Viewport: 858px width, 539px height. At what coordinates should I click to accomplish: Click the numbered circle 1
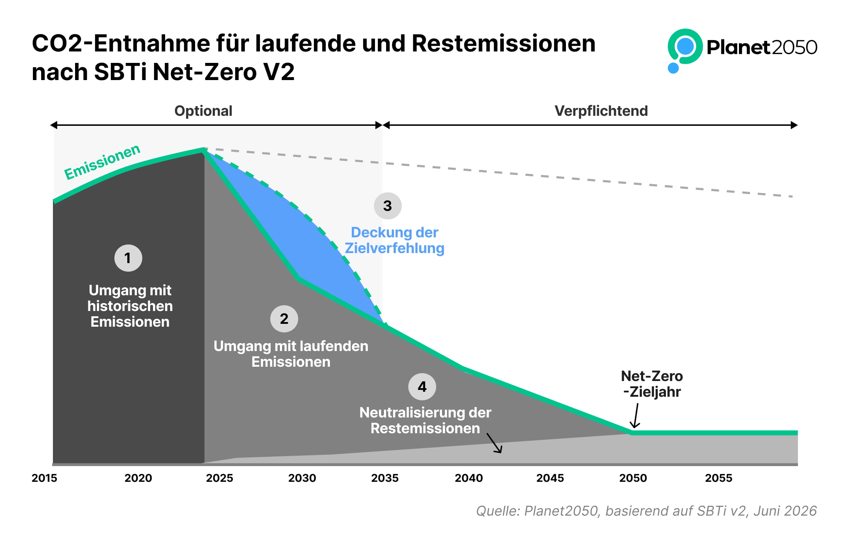[x=128, y=258]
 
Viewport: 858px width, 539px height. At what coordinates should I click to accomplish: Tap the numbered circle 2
[x=284, y=319]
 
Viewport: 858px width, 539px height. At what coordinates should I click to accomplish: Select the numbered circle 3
[x=388, y=206]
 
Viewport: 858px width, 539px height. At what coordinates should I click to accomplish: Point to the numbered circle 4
[x=422, y=387]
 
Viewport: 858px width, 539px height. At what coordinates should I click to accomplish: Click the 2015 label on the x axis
[x=44, y=478]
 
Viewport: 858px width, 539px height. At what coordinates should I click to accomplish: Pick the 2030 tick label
[x=302, y=478]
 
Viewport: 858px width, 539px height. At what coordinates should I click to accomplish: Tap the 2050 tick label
[x=633, y=478]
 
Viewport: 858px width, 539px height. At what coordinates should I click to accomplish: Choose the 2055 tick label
[x=719, y=478]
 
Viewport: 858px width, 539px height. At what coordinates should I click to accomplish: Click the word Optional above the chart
[x=203, y=111]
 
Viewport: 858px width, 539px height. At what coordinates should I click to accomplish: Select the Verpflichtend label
[x=601, y=111]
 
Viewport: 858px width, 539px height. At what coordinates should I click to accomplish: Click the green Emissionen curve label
[x=102, y=162]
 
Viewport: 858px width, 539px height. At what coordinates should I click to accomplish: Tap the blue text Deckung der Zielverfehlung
[x=394, y=240]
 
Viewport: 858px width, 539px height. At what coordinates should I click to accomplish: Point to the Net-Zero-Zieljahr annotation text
[x=652, y=384]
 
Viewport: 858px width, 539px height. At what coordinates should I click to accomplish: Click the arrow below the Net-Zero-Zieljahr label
[x=636, y=416]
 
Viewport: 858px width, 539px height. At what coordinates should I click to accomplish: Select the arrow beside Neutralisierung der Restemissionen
[x=494, y=443]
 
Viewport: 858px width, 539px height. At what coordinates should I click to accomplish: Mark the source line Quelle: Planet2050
[x=646, y=511]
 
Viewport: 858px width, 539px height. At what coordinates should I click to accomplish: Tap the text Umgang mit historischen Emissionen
[x=130, y=306]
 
